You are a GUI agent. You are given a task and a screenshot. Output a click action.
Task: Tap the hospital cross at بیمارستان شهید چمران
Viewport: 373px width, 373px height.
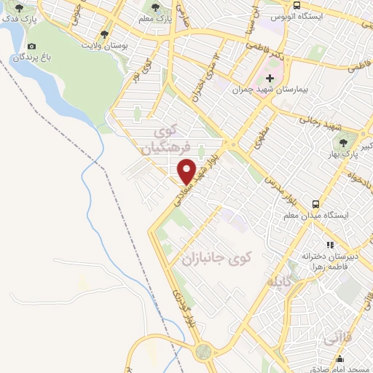pos(269,77)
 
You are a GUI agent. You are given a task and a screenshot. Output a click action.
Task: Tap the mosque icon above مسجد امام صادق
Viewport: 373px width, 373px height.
pos(339,358)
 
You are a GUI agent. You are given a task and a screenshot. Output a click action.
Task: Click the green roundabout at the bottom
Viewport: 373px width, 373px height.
pos(203,351)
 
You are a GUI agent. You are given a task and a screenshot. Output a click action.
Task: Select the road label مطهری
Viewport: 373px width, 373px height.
pos(260,136)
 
